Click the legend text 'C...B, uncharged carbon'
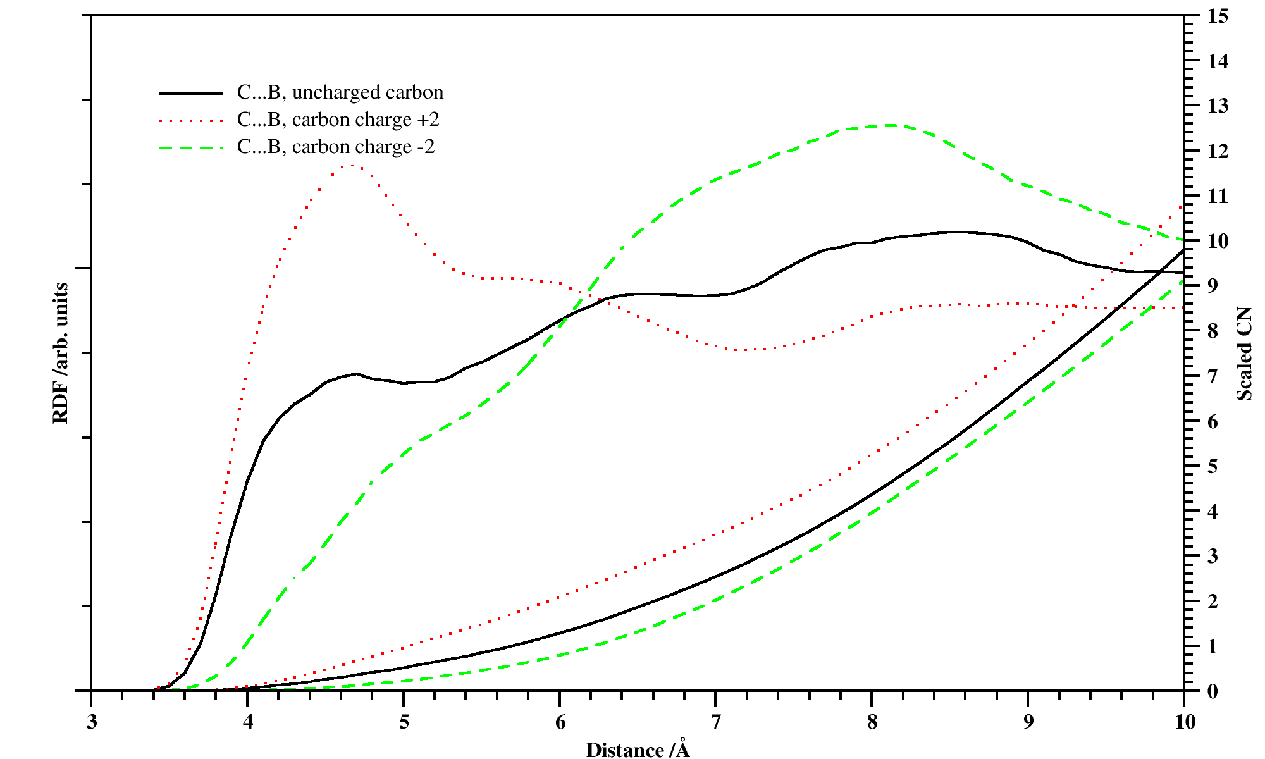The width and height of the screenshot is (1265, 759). click(340, 93)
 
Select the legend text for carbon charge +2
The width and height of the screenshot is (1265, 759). click(338, 120)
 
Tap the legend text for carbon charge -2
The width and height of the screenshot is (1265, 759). click(336, 147)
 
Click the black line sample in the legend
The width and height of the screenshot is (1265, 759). click(191, 94)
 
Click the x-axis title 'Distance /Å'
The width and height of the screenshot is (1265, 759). click(638, 750)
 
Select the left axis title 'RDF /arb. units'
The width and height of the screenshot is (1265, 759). click(61, 353)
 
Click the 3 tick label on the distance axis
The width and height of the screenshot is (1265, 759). click(92, 722)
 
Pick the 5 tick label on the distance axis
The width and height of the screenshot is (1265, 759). click(404, 722)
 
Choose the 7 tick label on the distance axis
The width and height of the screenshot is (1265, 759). click(715, 722)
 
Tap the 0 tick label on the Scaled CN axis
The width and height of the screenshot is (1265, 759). click(1212, 691)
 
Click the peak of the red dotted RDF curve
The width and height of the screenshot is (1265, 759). click(349, 166)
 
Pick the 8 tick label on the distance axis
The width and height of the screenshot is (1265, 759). click(872, 722)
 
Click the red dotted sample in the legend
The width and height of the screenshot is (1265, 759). click(191, 121)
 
